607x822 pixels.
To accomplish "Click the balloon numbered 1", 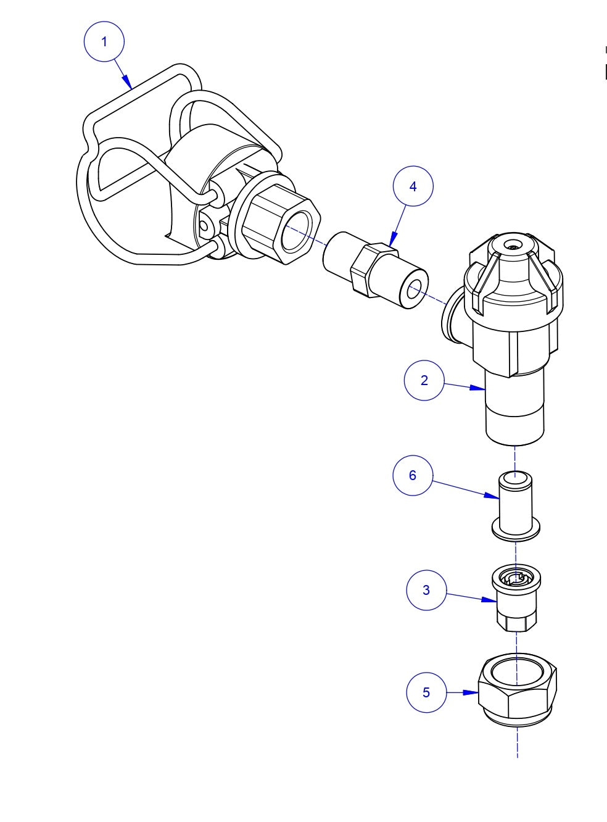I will [x=104, y=41].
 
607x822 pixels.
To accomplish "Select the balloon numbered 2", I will [x=424, y=380].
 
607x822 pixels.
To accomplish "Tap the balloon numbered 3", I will [x=426, y=590].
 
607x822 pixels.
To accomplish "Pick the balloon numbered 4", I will [x=413, y=186].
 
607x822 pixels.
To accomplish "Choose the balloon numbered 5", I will [x=426, y=692].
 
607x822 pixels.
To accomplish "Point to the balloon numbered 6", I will [x=413, y=475].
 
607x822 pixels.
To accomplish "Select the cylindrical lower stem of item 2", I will [x=515, y=410].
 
